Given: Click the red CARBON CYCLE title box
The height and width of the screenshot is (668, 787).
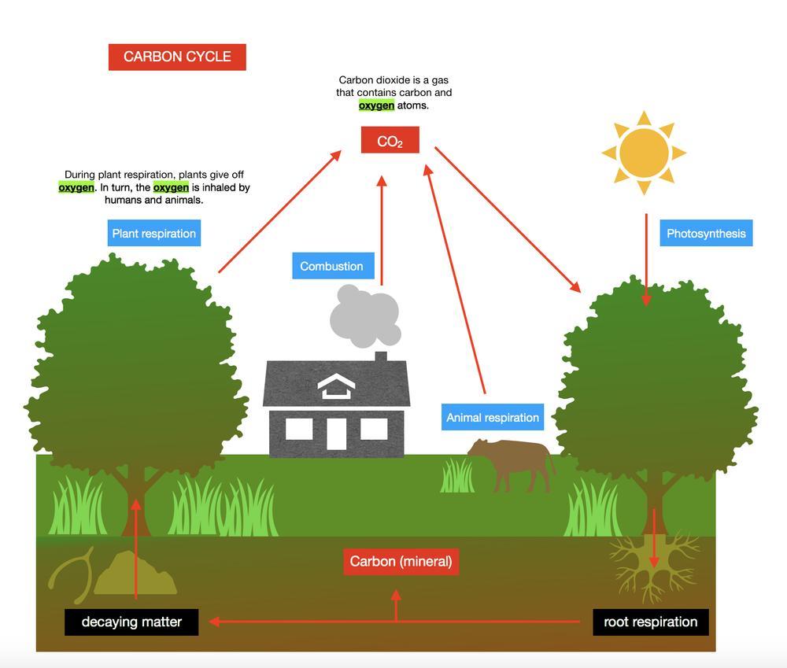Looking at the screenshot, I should tap(177, 57).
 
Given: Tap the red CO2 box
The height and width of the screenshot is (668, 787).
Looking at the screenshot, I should tap(390, 141).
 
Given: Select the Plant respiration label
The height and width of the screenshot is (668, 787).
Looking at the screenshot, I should tap(153, 233).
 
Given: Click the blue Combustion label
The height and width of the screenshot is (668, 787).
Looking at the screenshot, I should tap(331, 266).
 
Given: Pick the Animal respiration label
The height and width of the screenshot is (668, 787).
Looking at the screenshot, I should tap(493, 417).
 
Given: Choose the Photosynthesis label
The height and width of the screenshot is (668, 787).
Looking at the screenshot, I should tap(706, 233).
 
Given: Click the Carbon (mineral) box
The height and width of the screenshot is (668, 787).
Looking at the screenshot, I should tap(401, 562).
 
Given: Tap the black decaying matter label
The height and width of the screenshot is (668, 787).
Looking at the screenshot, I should tap(131, 622).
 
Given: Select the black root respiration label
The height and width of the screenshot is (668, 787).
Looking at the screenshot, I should tap(650, 622).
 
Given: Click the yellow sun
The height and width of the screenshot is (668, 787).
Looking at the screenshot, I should tap(644, 153).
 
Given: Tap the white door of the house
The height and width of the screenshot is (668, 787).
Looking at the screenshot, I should tap(336, 433).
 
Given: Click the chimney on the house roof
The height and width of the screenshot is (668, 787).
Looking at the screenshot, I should tap(381, 357).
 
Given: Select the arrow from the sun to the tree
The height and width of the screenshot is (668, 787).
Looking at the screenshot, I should tap(646, 260).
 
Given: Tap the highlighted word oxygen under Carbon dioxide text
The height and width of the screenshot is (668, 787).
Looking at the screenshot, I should tap(376, 105).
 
